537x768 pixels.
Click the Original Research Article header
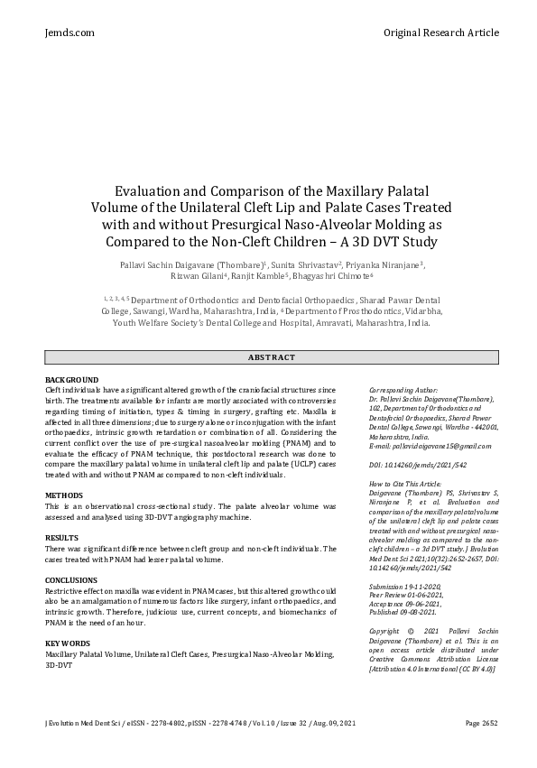pyautogui.click(x=440, y=32)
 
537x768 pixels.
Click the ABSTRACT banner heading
pyautogui.click(x=271, y=357)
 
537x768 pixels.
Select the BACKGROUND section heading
pyautogui.click(x=71, y=379)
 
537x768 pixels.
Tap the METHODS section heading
pyautogui.click(x=63, y=496)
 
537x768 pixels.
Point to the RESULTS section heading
pyautogui.click(x=61, y=537)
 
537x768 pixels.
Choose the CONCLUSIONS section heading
pyautogui.click(x=72, y=580)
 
